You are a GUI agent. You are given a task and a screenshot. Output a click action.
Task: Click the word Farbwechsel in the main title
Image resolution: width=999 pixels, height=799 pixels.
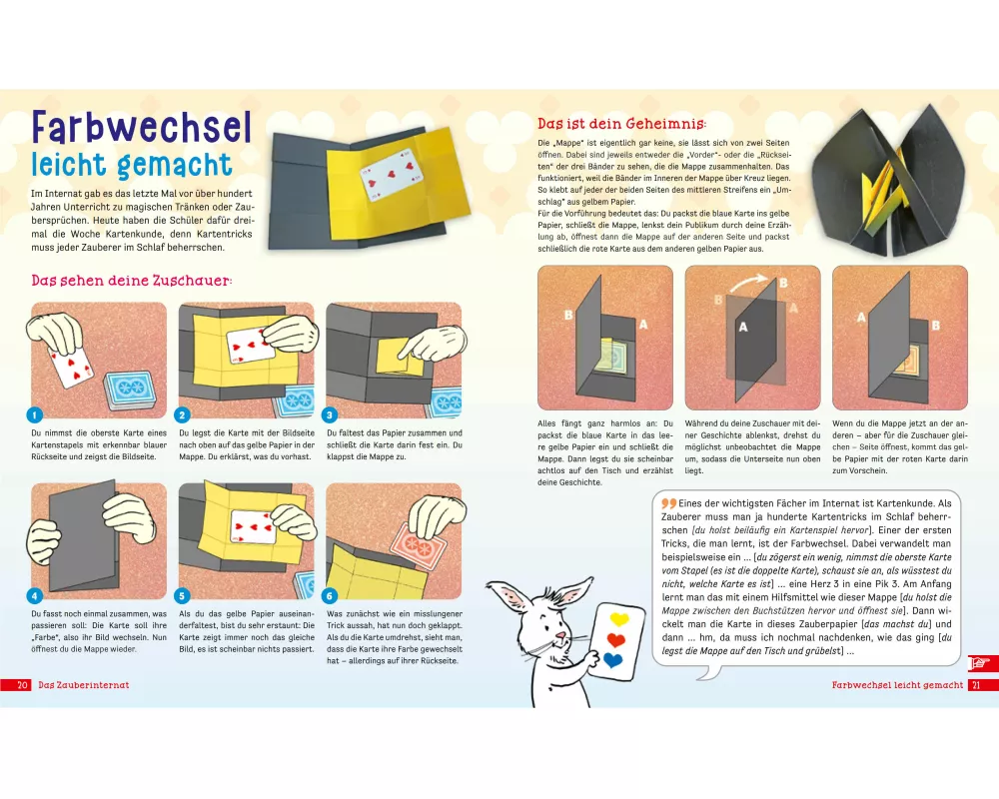pos(142,127)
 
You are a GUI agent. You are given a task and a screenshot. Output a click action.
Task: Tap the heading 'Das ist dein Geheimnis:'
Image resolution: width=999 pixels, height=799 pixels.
pos(621,124)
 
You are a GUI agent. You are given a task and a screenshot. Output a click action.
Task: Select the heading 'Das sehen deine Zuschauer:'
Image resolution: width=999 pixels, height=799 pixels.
pos(132,281)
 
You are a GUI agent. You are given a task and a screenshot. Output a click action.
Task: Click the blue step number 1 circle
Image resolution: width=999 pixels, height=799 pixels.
pos(34,414)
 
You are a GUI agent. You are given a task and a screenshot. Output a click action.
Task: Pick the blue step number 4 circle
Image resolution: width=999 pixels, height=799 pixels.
pos(34,595)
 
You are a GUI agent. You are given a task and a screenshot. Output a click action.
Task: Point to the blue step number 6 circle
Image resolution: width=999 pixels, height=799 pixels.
pos(330,595)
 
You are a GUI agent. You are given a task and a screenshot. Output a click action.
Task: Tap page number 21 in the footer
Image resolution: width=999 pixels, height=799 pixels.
pos(976,685)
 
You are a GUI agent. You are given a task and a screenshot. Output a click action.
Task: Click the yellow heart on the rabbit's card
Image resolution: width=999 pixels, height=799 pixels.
pos(618,618)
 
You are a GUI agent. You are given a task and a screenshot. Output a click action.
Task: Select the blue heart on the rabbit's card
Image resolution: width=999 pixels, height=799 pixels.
pos(612,659)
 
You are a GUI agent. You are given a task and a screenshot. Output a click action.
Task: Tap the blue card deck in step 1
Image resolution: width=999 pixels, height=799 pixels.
pos(130,390)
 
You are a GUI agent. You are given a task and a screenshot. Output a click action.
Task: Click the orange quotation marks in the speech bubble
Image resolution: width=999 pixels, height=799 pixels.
pos(668,503)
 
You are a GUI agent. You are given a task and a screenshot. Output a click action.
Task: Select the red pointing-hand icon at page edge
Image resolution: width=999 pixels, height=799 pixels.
pos(980,664)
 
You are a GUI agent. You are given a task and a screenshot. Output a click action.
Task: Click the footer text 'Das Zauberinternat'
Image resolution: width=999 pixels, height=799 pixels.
pos(84,685)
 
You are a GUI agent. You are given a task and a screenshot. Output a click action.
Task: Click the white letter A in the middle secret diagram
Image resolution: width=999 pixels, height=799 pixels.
pos(743,327)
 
